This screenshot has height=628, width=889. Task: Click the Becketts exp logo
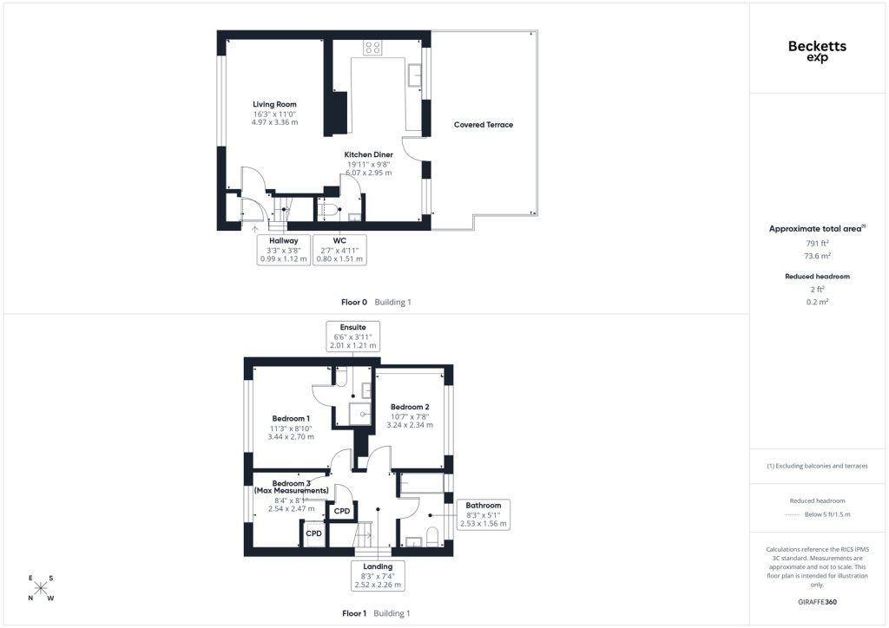(817, 50)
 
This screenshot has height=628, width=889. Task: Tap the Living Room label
(274, 104)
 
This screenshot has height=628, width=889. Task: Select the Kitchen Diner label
(368, 154)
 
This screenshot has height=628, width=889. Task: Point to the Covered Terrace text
(484, 125)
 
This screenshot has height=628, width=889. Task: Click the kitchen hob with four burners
(372, 48)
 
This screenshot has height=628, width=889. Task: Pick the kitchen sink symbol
(414, 75)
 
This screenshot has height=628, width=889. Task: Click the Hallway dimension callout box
(284, 250)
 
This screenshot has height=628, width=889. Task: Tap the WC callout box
(339, 250)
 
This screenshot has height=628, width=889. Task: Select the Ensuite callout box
(352, 337)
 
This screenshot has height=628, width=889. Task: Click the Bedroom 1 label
(291, 418)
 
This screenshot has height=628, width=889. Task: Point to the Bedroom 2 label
(410, 407)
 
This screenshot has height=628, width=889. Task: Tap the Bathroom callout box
(484, 514)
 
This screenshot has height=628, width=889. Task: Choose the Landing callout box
(378, 575)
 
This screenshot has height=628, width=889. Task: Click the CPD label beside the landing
(342, 511)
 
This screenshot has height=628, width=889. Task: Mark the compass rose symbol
(40, 588)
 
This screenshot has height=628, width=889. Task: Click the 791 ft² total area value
(817, 244)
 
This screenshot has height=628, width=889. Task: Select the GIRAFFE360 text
(817, 602)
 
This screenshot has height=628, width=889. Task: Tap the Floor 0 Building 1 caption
(376, 303)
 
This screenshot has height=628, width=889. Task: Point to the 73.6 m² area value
(817, 256)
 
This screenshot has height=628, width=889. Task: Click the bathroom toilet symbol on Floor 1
(432, 536)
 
